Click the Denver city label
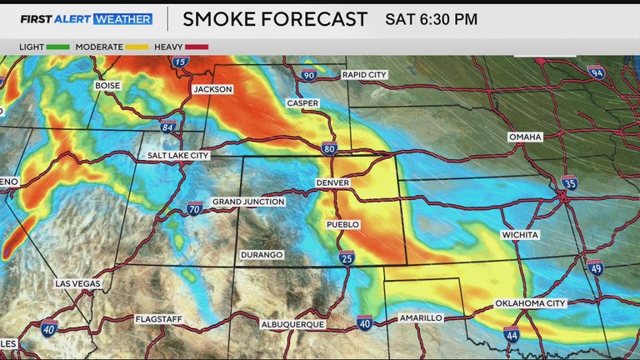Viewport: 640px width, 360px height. point(332,182)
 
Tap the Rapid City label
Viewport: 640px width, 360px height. point(364,75)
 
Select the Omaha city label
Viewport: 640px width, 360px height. point(525,137)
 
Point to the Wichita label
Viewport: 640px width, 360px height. point(520,235)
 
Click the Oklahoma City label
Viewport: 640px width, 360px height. point(531,303)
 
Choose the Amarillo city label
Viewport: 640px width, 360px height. point(421,318)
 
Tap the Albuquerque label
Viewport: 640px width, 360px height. point(291,323)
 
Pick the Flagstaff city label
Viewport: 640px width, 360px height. point(157,319)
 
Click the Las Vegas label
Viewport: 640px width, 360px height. point(77,283)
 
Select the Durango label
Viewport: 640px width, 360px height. point(262,254)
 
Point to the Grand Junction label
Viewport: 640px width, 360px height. point(248,202)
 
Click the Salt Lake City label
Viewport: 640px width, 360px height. point(178,155)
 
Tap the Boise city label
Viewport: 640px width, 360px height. point(108,86)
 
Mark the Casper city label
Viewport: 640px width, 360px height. point(302,103)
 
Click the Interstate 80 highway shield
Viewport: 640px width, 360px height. point(330,148)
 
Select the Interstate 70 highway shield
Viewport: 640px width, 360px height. point(194,207)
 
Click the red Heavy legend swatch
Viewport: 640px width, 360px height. point(197,47)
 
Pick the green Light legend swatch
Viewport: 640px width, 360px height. point(58,47)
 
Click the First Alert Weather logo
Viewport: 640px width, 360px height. point(87,18)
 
